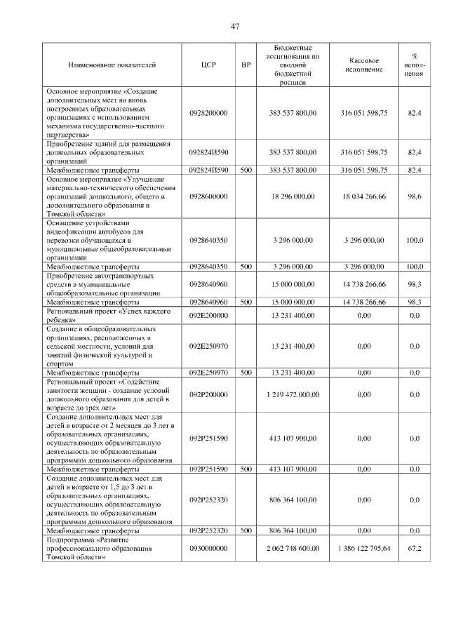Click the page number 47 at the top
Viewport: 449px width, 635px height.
click(x=235, y=27)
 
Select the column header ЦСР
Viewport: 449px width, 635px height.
click(x=208, y=65)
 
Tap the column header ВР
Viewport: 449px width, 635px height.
click(x=246, y=65)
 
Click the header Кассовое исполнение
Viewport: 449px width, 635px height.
click(x=364, y=65)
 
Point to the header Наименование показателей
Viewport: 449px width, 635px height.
click(x=112, y=65)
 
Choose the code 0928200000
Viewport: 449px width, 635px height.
click(x=208, y=112)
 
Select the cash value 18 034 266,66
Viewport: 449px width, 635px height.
click(x=364, y=199)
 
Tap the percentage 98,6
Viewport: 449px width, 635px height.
click(x=415, y=199)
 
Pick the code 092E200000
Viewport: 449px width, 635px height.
click(x=208, y=316)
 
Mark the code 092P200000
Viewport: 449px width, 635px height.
click(x=208, y=395)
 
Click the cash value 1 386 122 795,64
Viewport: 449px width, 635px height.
click(x=364, y=549)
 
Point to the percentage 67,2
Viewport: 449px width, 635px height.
click(x=415, y=549)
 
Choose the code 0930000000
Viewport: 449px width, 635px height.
click(x=208, y=549)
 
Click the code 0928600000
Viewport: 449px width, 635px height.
click(x=208, y=199)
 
